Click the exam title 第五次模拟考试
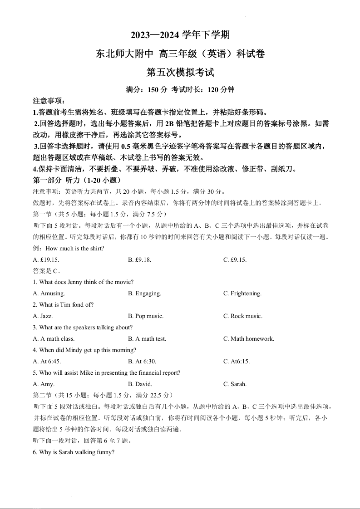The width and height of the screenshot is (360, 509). pos(180,72)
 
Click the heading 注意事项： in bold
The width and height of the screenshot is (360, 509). pos(49,101)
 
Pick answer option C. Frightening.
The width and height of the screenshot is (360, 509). pos(242,294)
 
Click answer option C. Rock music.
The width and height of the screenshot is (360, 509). pos(242,316)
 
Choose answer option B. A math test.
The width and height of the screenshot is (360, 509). pos(147,339)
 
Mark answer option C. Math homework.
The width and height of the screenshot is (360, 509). pos(248,339)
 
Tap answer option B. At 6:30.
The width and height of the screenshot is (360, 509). pos(142,362)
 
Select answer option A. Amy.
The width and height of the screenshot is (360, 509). pos(44,384)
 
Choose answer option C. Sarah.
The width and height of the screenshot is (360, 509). pos(235,384)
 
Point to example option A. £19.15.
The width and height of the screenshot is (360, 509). pos(46,260)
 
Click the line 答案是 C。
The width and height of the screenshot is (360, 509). pos(47,271)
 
